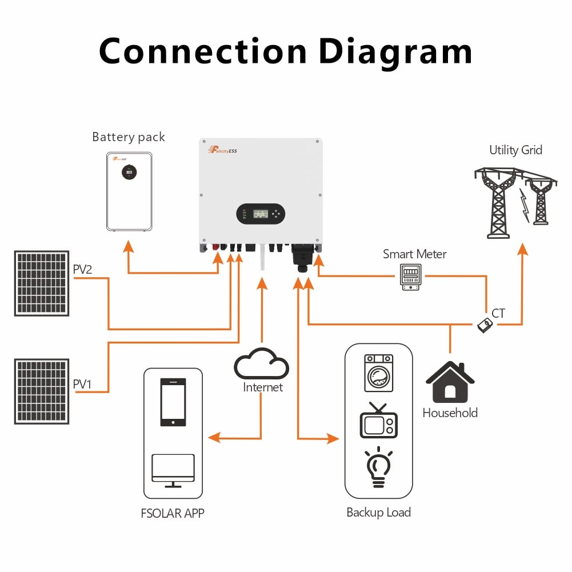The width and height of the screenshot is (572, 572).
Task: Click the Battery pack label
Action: [129, 137]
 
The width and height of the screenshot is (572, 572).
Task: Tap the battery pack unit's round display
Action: [129, 171]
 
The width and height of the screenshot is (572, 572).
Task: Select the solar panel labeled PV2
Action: [42, 283]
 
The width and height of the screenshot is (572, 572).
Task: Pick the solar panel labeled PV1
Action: [42, 391]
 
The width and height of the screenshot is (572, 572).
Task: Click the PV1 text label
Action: [82, 385]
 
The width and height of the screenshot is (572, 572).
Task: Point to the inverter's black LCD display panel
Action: [261, 214]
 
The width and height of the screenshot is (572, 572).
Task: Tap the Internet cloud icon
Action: [261, 364]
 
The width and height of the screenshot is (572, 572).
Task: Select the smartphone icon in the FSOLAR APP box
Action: [173, 402]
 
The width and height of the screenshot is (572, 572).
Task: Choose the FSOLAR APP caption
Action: [172, 513]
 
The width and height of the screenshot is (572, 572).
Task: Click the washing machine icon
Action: [379, 373]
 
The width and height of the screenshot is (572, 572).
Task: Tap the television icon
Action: [378, 421]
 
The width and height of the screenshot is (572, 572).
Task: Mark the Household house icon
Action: [450, 382]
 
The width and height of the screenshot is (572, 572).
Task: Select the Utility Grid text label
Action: [515, 150]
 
